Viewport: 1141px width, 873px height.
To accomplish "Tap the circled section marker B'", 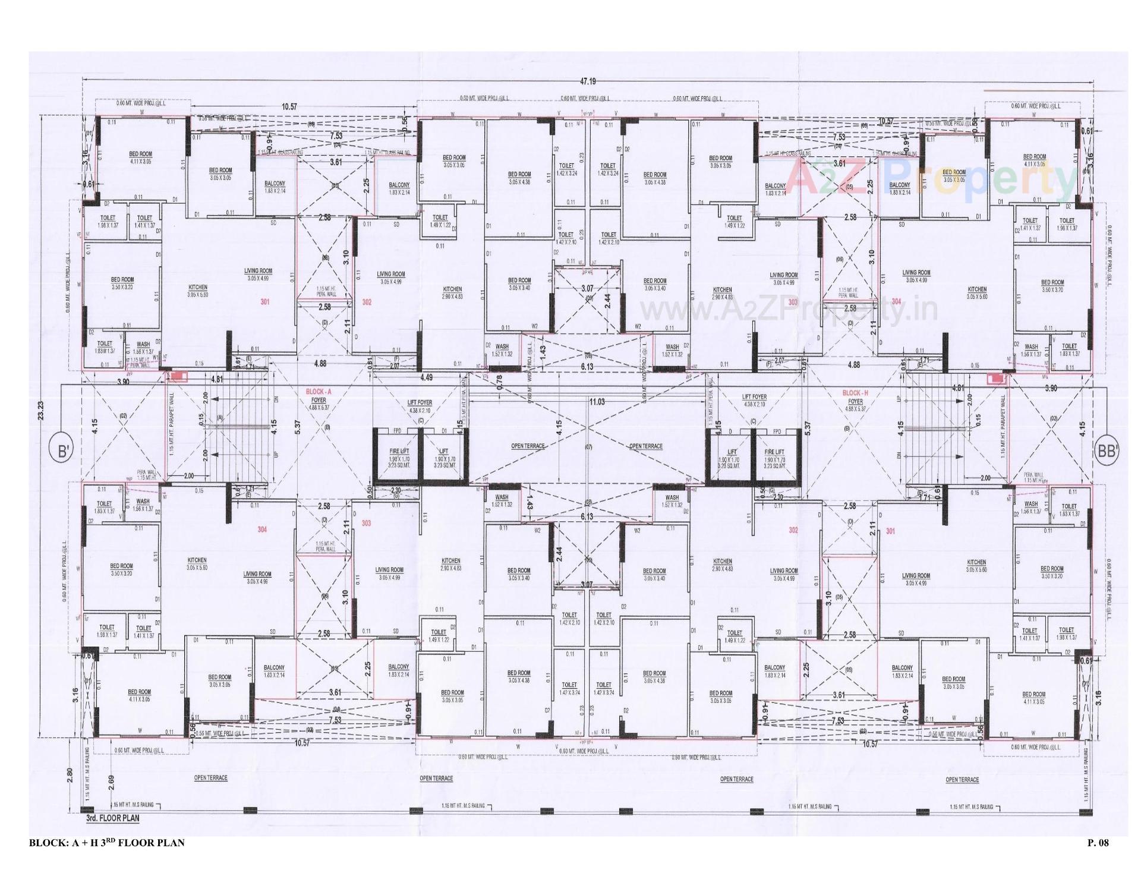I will point(61,452).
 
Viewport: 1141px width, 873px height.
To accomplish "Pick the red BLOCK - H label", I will point(855,393).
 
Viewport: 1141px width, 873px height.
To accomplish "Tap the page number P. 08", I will point(1098,842).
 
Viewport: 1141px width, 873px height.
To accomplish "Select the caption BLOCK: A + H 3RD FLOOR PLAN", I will point(107,842).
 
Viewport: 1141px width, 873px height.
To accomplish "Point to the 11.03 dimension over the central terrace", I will point(597,402).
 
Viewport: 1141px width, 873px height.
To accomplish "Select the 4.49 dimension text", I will point(426,377).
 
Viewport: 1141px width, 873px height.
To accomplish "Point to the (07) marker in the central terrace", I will point(588,446).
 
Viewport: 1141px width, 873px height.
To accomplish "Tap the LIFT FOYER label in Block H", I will point(754,396).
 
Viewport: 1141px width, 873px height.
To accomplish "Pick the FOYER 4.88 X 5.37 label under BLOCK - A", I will point(319,404).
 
